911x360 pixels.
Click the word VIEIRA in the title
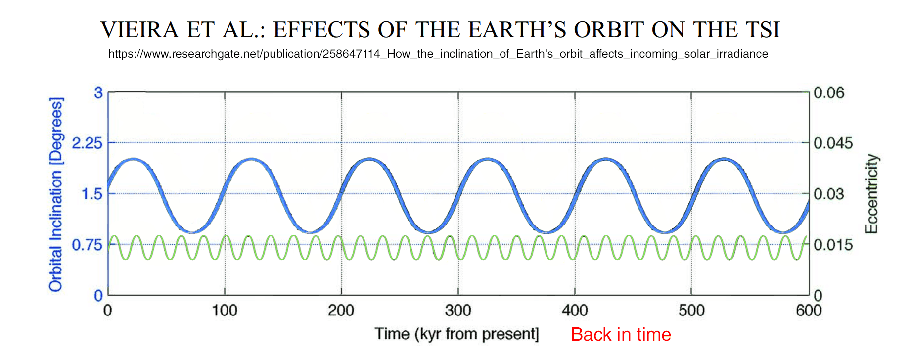pos(139,30)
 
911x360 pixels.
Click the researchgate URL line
pos(438,54)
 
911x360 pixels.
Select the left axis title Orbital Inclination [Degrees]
pos(56,194)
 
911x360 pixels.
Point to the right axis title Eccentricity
pos(871,194)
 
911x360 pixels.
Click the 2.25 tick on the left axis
pos(87,143)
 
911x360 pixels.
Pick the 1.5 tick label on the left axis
pos(92,194)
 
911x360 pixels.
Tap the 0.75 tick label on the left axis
pos(87,245)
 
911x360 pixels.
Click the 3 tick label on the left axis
pos(98,93)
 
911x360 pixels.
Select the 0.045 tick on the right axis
pos(833,143)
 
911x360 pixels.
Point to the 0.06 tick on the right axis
pos(829,93)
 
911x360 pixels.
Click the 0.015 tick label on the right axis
pos(833,245)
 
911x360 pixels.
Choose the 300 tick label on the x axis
pos(458,311)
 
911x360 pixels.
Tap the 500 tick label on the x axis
pos(691,311)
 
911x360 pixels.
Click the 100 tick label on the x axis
pos(225,311)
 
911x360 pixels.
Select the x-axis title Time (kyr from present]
pos(456,334)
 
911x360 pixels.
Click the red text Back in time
pos(621,335)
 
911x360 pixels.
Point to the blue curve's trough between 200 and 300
pos(428,232)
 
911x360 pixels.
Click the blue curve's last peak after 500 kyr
pos(724,159)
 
